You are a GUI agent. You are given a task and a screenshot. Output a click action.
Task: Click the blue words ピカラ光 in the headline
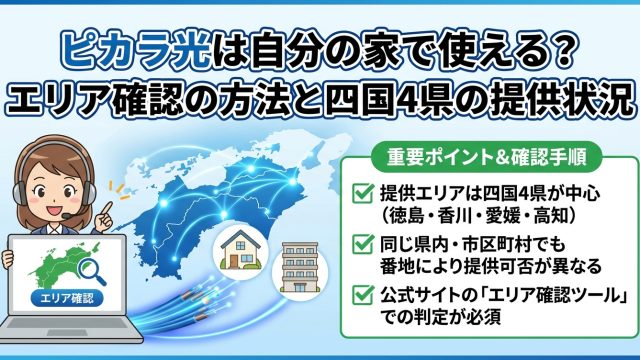coord(137,51)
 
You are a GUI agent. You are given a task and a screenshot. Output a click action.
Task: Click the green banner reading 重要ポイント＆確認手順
coord(486,157)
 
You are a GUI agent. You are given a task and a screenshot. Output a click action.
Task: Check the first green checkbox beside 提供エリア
coord(363,193)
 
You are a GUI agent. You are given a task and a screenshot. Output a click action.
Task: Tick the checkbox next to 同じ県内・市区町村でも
coord(363,244)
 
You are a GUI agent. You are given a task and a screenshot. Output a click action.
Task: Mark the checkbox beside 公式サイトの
coord(363,295)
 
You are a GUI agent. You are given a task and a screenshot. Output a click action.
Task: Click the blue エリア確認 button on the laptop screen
coord(67,298)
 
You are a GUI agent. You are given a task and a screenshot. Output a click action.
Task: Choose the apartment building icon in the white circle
coord(300,268)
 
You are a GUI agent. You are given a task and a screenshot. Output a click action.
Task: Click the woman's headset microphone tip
coord(66,216)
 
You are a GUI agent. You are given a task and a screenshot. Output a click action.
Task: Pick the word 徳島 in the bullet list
coord(406,217)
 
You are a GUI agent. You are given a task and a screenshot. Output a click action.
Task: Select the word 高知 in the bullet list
coord(551,217)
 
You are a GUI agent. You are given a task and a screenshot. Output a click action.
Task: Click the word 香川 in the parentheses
coord(454,217)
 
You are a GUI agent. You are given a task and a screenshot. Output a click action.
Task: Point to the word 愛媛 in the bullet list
coord(502,217)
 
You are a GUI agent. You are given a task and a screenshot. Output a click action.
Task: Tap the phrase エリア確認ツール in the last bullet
coord(554,296)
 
